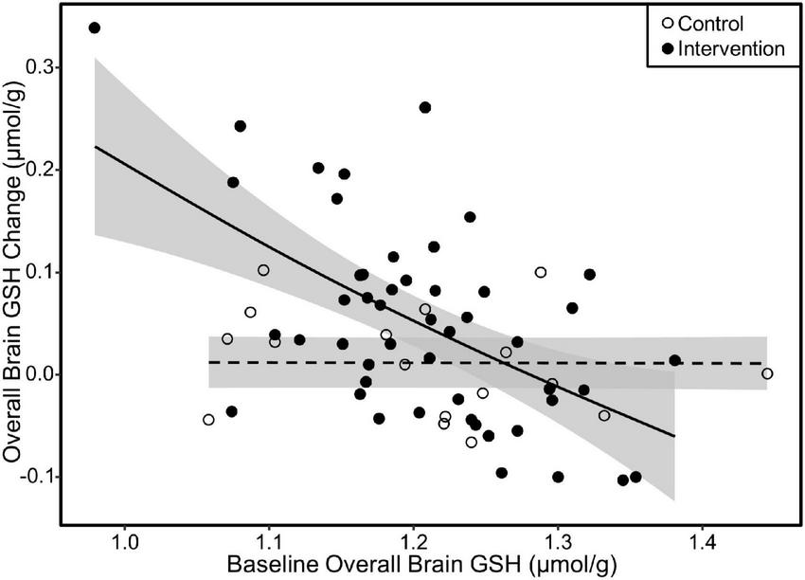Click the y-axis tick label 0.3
coord(40,67)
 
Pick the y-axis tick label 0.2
coord(40,170)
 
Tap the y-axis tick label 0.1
coord(40,272)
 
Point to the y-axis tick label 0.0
coord(40,374)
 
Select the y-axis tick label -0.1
coord(36,477)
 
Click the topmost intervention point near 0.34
coord(94,27)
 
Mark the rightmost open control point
coord(767,373)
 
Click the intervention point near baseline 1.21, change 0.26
coord(425,107)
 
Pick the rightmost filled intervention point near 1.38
coord(674,360)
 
